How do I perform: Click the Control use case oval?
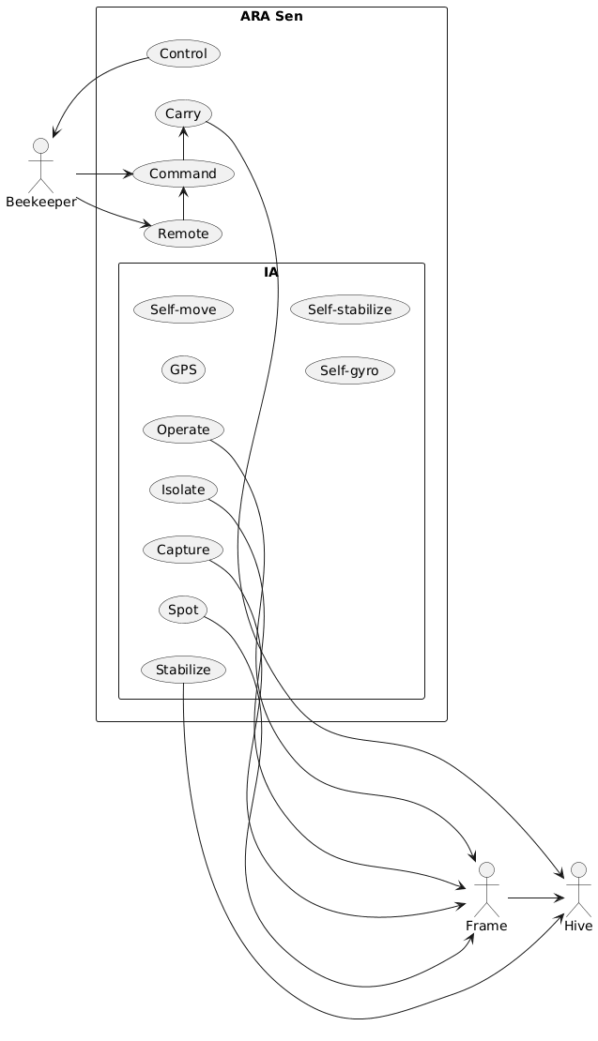183,53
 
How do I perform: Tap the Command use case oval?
183,174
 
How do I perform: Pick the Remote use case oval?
183,234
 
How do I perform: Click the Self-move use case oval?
183,309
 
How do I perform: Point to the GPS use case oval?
183,370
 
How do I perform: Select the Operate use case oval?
183,430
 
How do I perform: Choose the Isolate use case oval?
183,490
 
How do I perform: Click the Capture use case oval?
183,550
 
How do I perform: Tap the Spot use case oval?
183,610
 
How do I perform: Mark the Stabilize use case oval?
183,670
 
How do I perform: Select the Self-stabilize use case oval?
350,309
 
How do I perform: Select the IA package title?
271,272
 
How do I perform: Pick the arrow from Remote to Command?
183,204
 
